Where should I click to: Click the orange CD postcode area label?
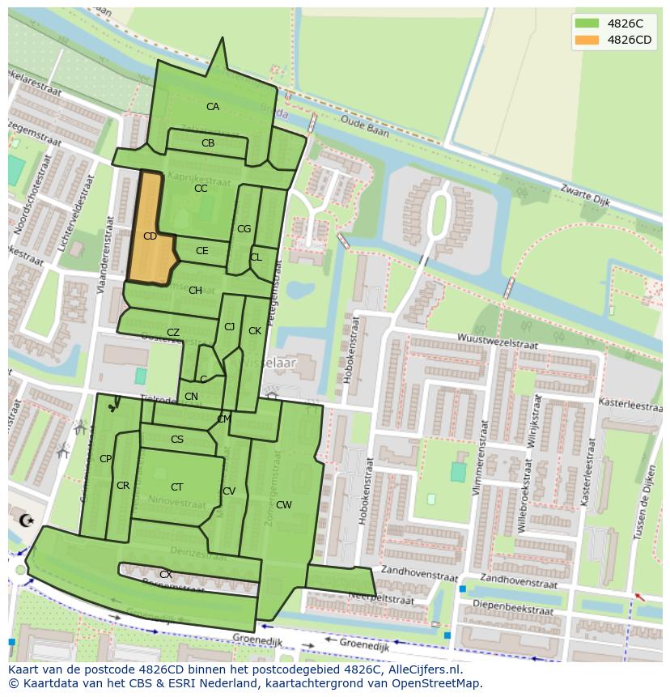[x=150, y=236]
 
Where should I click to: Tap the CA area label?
[x=212, y=107]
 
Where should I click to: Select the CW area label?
[x=283, y=505]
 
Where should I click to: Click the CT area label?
[x=176, y=487]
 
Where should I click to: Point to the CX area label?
[x=165, y=575]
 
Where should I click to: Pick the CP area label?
[x=105, y=459]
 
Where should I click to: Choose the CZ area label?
[x=172, y=333]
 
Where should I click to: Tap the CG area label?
[x=244, y=229]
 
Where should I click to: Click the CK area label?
[x=255, y=331]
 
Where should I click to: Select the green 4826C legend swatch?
[x=587, y=23]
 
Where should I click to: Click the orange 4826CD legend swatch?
[x=587, y=40]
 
